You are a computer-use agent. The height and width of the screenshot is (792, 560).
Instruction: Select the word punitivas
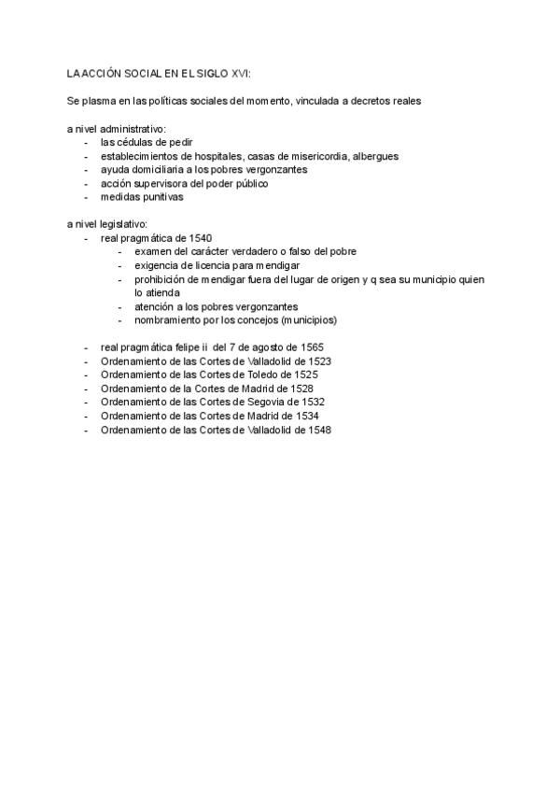pyautogui.click(x=163, y=198)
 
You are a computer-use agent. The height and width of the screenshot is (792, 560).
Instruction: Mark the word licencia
pyautogui.click(x=205, y=265)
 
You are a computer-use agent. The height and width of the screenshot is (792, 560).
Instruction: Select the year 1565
pyautogui.click(x=311, y=346)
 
